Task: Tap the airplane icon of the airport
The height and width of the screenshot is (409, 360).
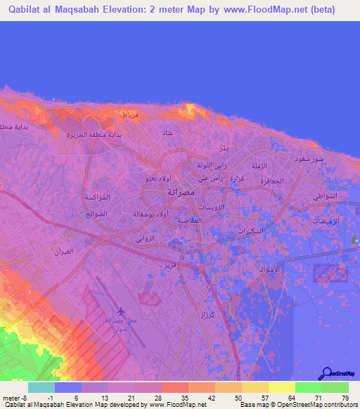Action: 122,311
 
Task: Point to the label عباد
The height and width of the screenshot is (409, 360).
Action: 167,132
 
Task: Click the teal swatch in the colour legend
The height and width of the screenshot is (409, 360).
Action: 41,387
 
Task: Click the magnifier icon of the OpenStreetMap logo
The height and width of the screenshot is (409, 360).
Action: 328,373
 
